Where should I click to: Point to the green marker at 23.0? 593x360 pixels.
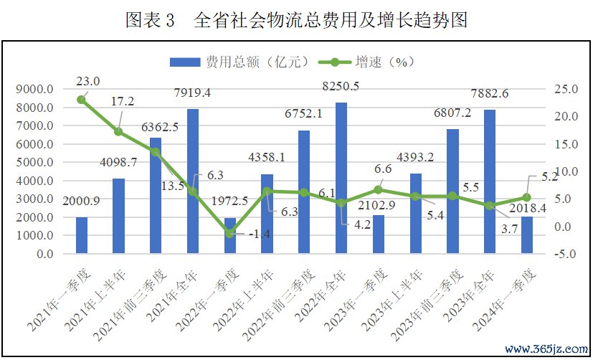tap(82, 100)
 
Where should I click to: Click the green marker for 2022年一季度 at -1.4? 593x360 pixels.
tap(230, 234)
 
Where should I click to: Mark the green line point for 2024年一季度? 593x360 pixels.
tap(527, 197)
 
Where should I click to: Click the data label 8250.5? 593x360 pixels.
tap(341, 86)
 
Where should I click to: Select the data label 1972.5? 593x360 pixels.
tap(231, 202)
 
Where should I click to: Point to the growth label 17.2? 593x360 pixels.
tap(122, 101)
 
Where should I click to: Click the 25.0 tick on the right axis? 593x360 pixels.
tap(564, 90)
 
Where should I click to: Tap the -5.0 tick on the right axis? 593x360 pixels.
tap(564, 254)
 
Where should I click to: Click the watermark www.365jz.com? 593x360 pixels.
tap(546, 349)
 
